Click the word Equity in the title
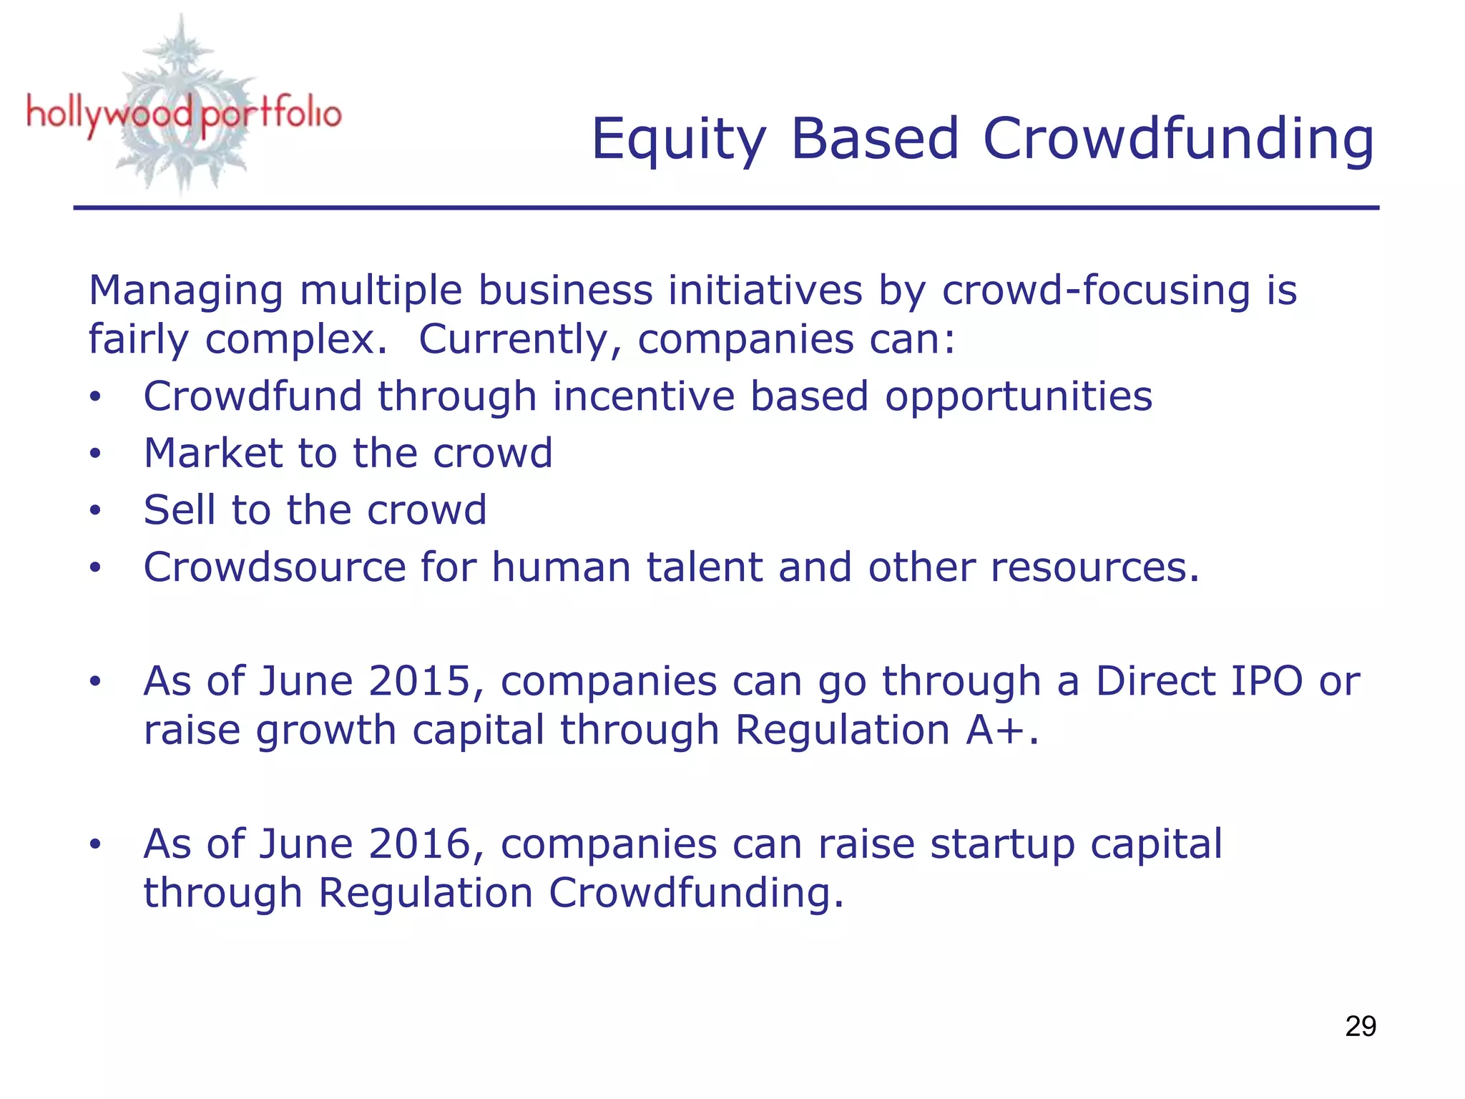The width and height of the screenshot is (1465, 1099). (x=678, y=140)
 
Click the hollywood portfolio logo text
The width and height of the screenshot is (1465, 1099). (x=184, y=114)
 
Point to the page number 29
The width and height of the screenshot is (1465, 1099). (x=1360, y=1027)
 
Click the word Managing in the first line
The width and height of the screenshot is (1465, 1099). (x=185, y=292)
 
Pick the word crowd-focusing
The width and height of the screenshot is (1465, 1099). (x=1096, y=292)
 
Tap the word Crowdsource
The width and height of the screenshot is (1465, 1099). (x=274, y=567)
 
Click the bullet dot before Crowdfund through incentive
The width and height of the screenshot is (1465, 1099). (x=95, y=397)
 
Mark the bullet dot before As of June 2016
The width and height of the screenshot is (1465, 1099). (x=95, y=845)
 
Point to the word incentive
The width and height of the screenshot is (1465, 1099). (x=643, y=396)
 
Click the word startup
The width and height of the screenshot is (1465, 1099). (x=1002, y=846)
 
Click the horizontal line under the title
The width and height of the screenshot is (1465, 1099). (x=725, y=207)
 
